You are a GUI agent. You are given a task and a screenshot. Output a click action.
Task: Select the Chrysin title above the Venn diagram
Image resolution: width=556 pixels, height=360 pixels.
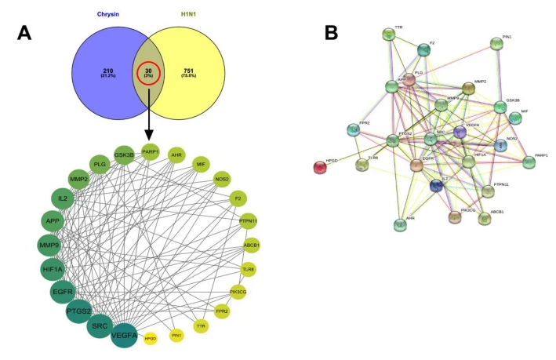[x=107, y=13]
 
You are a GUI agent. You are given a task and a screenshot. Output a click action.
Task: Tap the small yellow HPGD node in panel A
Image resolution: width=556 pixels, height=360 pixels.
[x=151, y=339]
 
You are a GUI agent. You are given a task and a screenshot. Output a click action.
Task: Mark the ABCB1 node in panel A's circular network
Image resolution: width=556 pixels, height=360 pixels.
[x=251, y=245]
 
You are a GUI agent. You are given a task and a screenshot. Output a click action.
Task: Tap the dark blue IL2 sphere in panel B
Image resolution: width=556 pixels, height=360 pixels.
[x=437, y=186]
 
